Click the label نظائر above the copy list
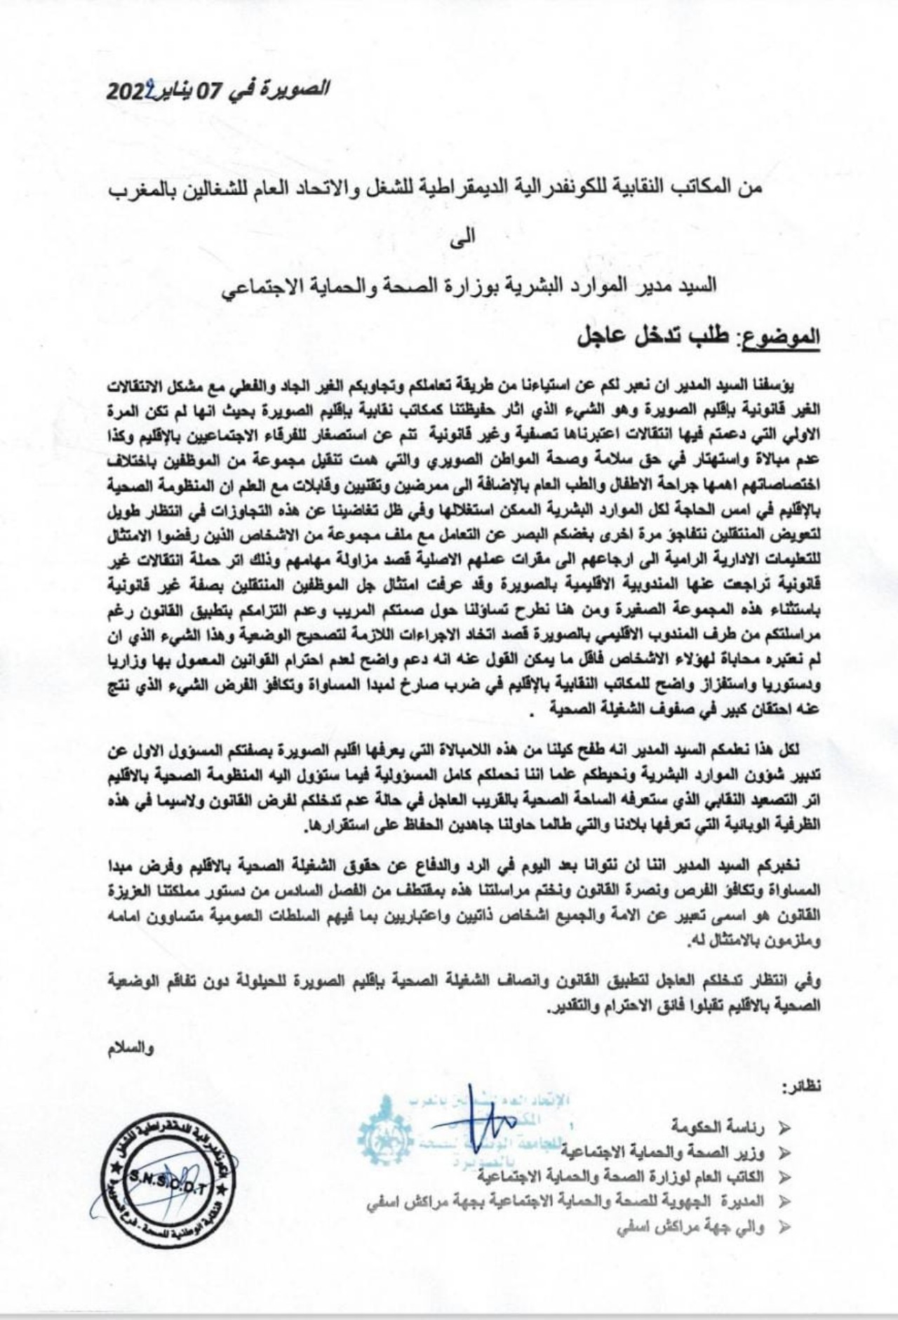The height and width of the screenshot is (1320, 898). point(800,1089)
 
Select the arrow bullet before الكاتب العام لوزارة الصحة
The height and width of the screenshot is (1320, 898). point(784,1177)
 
